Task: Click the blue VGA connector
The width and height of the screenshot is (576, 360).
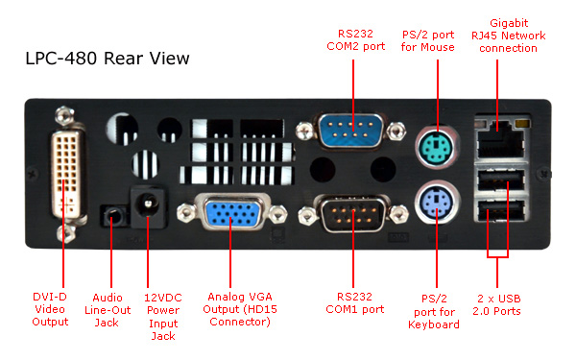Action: tap(231, 213)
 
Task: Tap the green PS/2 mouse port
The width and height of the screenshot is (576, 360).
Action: tap(437, 148)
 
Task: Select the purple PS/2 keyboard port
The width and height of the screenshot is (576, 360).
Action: tap(437, 203)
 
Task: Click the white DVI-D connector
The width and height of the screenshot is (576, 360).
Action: tap(67, 175)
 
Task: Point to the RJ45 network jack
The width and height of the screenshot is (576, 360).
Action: tap(501, 137)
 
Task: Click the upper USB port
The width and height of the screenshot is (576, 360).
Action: tap(501, 180)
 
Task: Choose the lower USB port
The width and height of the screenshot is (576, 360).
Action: tap(501, 209)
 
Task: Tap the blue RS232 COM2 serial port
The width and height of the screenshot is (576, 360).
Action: tap(351, 131)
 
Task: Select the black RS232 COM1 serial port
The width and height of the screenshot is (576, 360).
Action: tap(352, 214)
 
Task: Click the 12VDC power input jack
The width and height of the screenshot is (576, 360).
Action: tap(148, 204)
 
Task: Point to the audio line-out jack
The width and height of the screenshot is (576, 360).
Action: tap(112, 216)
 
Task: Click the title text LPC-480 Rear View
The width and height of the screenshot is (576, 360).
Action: tap(108, 59)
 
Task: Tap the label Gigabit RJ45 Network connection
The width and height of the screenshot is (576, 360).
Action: tap(509, 36)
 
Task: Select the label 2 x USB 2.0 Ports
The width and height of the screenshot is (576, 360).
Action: tap(496, 305)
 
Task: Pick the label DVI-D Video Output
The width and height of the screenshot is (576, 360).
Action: tap(50, 309)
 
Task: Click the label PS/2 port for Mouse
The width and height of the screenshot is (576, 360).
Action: tap(428, 40)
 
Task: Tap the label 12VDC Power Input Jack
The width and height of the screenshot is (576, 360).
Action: tap(163, 317)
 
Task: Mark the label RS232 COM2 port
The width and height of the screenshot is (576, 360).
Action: tap(355, 40)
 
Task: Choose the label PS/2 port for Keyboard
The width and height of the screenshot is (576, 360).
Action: tap(434, 311)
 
